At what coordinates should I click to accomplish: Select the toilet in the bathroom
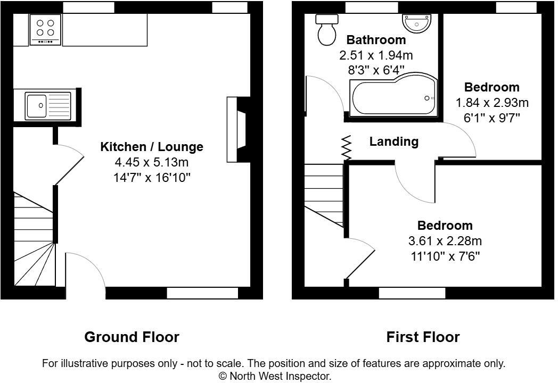tap(326, 30)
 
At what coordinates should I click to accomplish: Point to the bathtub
tap(393, 97)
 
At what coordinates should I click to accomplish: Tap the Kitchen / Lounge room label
tap(152, 147)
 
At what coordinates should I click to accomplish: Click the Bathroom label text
tap(376, 40)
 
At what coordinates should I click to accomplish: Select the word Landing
tap(393, 141)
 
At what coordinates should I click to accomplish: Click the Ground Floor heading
tap(132, 337)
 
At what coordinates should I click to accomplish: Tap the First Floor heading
tap(423, 337)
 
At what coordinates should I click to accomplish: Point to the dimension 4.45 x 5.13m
tap(152, 162)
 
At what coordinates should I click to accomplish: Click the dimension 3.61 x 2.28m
tap(445, 241)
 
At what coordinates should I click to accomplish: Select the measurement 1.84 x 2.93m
tap(491, 103)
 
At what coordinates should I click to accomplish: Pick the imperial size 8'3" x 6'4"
tap(376, 70)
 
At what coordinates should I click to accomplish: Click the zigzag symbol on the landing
tap(347, 147)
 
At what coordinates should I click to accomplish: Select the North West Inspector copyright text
tap(275, 376)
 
